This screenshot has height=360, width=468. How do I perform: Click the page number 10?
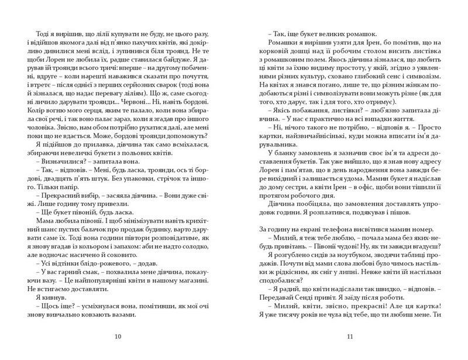[119, 336]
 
